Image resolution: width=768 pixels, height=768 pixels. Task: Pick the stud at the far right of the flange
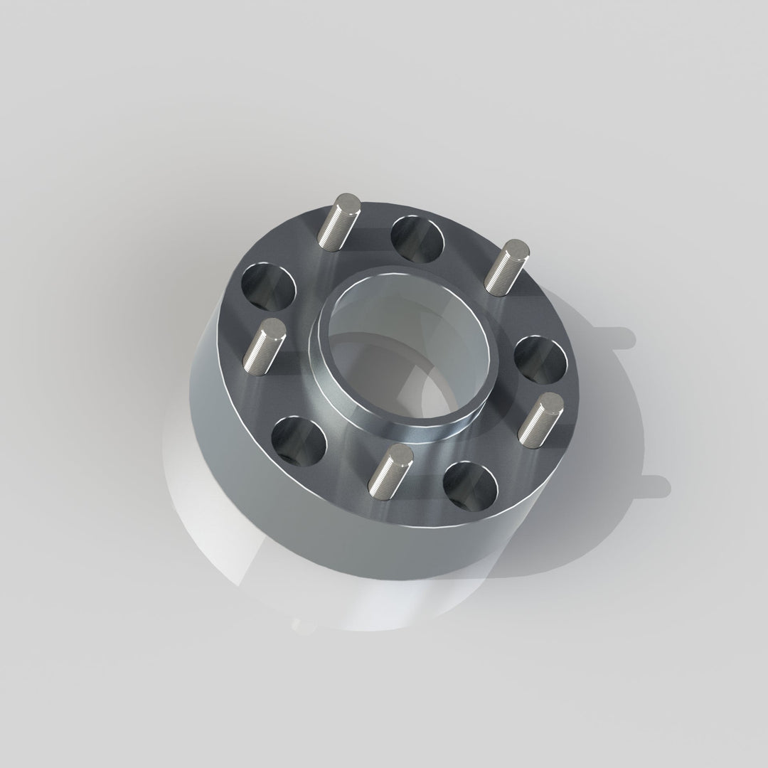point(540,417)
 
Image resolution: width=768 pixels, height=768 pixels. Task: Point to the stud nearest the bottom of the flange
point(388,470)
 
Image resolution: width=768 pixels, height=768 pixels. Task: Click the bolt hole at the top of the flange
point(417,238)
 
